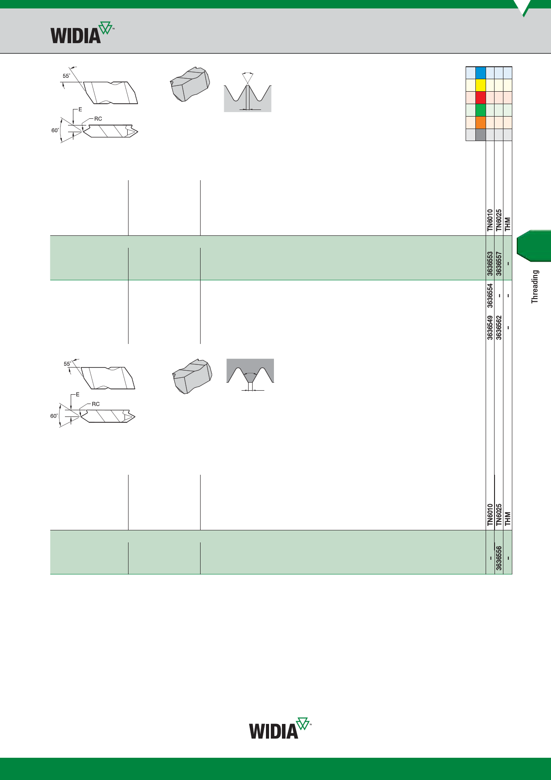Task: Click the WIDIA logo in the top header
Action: (82, 32)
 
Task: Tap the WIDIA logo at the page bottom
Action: (280, 728)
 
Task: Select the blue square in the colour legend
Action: (480, 73)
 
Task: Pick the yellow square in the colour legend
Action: (480, 85)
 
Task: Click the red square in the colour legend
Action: (480, 98)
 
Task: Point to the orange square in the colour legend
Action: (480, 123)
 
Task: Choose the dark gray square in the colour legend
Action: (480, 135)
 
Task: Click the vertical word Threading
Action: (535, 287)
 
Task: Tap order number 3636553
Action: (490, 264)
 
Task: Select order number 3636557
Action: (499, 264)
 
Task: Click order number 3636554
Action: (490, 295)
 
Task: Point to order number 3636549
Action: (490, 328)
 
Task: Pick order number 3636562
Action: (499, 328)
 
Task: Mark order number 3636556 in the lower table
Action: (499, 558)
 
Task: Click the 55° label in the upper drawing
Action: (66, 76)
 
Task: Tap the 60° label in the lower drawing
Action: (54, 416)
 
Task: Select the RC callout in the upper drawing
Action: (98, 119)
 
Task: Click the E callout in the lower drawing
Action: (77, 395)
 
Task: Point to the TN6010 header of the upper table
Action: (490, 220)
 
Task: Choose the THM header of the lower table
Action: (508, 519)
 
